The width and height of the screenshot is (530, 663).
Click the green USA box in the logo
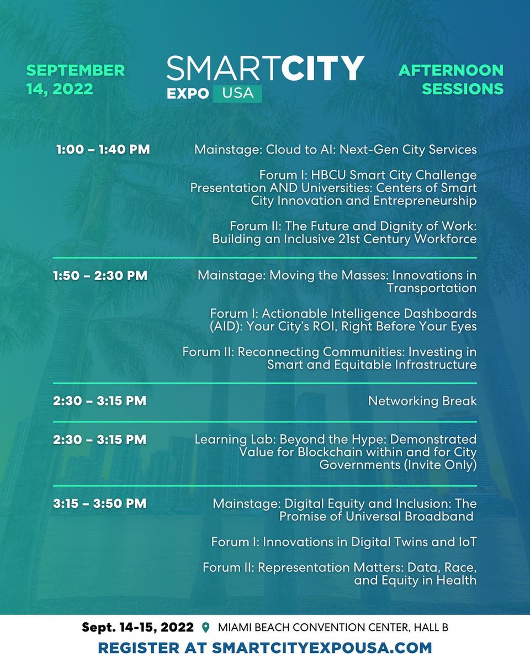[238, 93]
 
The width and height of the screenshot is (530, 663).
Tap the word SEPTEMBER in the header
[76, 71]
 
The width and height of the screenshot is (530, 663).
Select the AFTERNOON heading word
[451, 71]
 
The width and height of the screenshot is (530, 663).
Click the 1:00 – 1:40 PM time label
[103, 150]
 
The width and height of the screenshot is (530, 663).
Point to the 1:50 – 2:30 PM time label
[100, 275]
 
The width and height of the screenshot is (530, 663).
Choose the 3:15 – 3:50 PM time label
[100, 503]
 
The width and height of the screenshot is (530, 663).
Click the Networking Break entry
[422, 401]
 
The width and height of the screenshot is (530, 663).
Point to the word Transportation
[432, 288]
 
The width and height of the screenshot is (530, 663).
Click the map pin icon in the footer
[206, 628]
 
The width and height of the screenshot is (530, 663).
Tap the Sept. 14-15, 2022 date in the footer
[138, 628]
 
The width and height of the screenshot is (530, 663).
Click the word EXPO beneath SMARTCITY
[188, 93]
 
